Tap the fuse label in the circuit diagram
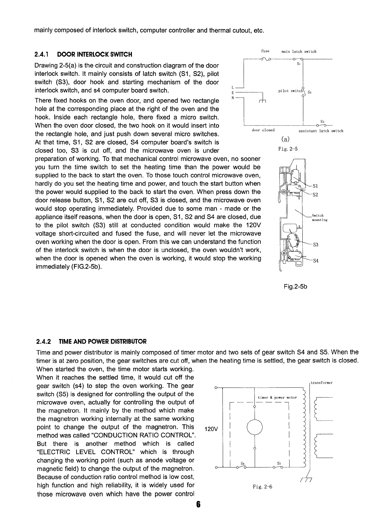click(x=265, y=51)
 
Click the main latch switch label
click(x=299, y=51)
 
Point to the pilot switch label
click(x=290, y=91)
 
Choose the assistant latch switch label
click(x=321, y=131)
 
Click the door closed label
click(x=263, y=130)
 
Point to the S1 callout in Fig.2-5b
click(x=316, y=186)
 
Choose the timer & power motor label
click(x=277, y=398)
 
